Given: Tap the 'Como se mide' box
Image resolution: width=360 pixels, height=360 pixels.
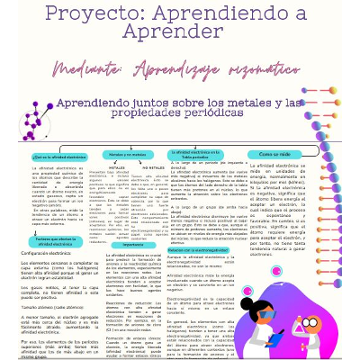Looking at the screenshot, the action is pos(298,154).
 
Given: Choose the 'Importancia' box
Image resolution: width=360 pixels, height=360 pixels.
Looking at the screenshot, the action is pos(133,244).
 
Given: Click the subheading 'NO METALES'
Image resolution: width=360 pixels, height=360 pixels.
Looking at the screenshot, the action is pos(153,167).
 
